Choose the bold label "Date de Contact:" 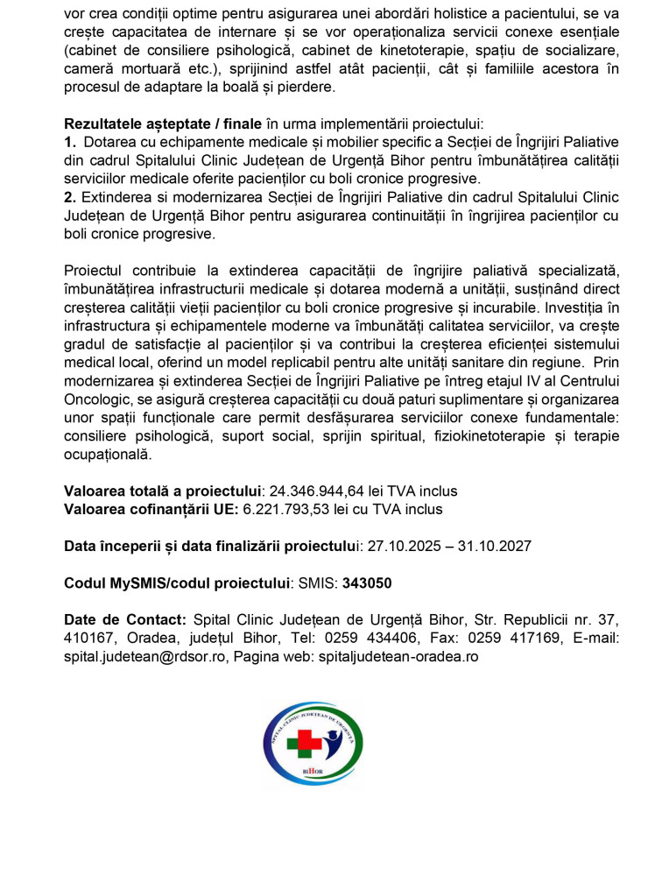125,619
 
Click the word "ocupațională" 108,455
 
